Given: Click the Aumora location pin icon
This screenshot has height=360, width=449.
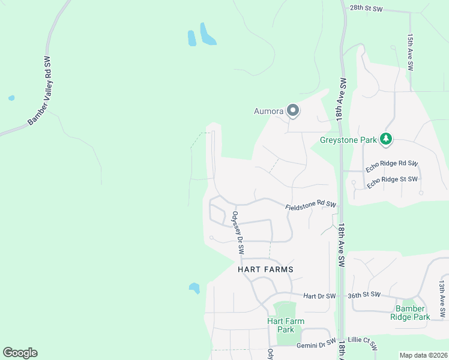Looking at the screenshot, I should (x=293, y=110).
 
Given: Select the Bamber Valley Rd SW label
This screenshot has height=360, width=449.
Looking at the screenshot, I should (x=40, y=91).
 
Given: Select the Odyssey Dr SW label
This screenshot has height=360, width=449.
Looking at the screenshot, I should (x=237, y=233).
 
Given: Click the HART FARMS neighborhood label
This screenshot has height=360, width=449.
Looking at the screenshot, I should (x=266, y=269).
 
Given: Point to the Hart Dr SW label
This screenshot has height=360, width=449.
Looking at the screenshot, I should (x=319, y=296).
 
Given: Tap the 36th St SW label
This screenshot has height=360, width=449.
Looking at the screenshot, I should (x=364, y=295).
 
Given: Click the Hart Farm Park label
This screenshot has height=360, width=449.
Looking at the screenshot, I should (x=285, y=325).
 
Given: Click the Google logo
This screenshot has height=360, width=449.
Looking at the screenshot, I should (x=20, y=353).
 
